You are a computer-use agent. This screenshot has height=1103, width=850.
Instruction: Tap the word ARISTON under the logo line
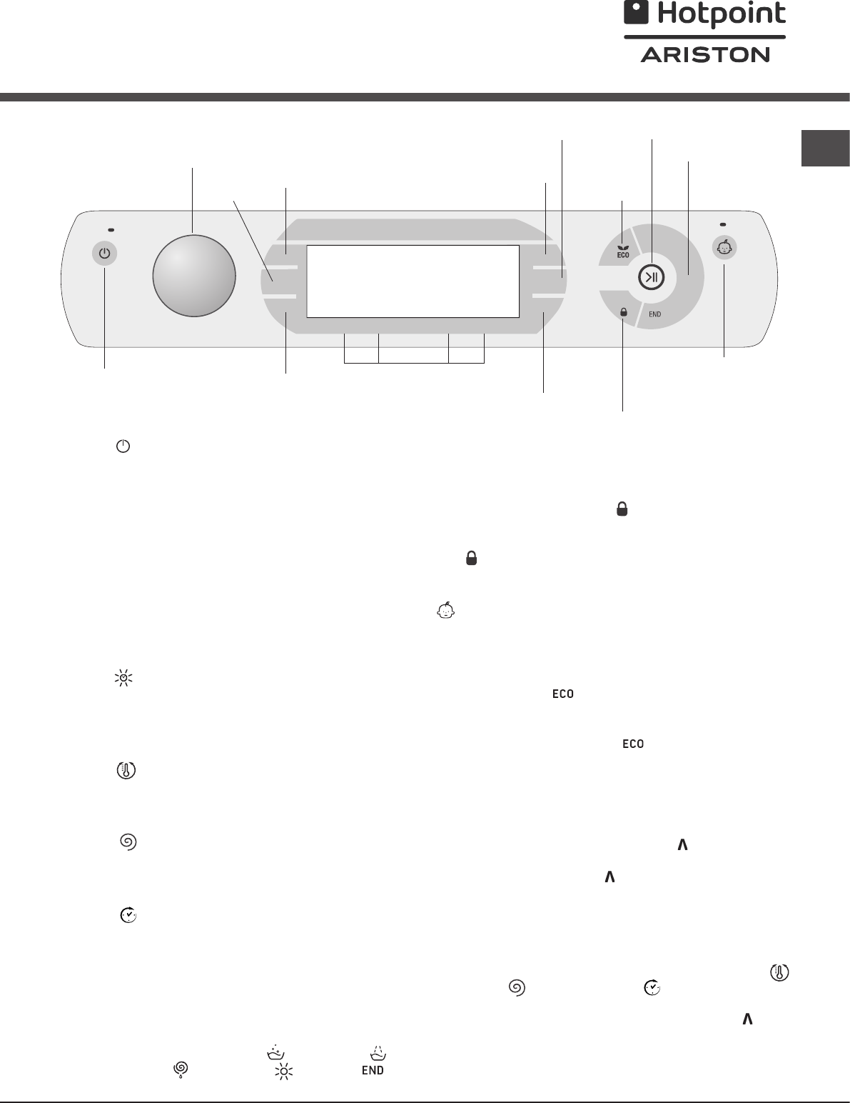(705, 55)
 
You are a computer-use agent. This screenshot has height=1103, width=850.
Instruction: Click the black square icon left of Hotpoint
(636, 12)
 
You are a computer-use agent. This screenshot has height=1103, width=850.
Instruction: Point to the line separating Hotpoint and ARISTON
(704, 37)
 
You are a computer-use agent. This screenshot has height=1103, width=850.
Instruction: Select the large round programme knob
(194, 276)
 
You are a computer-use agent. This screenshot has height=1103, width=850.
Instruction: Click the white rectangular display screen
(413, 281)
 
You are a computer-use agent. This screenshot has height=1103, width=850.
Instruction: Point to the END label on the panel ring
(655, 314)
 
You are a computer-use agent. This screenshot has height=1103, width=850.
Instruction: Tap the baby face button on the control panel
(724, 248)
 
